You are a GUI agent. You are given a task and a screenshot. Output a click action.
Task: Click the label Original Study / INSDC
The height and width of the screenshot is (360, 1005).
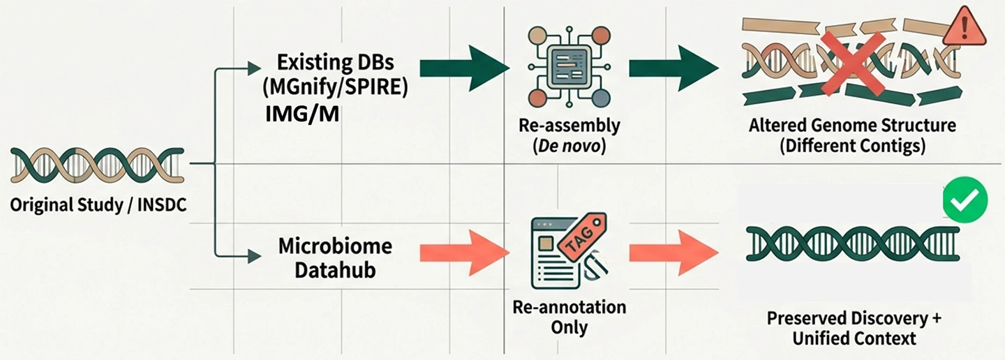98,205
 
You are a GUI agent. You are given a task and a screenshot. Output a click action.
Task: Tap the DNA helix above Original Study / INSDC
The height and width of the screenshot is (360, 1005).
98,165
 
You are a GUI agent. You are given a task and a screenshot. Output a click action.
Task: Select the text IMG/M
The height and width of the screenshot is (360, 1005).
302,114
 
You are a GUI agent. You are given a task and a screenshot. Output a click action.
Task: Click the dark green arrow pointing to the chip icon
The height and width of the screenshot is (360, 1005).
464,68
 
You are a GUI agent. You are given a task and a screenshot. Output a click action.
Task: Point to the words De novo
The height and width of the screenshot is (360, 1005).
569,147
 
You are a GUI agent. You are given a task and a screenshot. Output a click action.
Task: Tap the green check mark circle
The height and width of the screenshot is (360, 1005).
965,200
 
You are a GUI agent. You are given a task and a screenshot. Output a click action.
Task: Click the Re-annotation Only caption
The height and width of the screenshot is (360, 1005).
569,317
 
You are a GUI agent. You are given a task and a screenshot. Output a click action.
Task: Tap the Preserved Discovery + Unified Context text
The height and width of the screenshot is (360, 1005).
853,328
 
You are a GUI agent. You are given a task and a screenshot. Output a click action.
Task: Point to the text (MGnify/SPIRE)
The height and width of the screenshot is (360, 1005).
334,88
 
